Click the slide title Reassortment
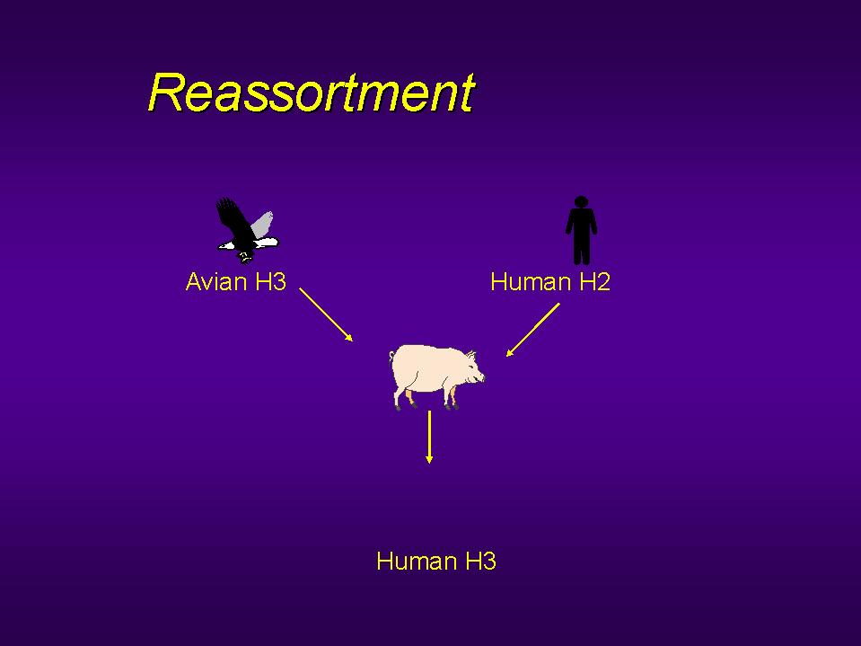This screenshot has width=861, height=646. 312,93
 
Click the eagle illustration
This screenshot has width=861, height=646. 248,231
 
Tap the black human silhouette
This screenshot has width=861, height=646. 581,230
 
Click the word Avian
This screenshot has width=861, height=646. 216,282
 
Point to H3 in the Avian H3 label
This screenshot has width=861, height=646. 271,282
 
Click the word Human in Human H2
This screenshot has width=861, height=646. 532,282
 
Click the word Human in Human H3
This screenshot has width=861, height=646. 417,562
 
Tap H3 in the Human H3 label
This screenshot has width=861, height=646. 481,562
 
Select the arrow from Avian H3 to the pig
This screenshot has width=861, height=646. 326,314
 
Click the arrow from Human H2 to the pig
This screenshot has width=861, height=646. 532,330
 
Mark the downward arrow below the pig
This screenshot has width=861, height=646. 429,438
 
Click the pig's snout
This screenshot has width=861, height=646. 481,377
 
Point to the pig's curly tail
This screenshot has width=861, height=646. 391,358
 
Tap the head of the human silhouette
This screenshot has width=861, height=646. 581,202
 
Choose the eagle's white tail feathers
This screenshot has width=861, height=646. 267,242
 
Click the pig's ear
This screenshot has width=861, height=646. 471,356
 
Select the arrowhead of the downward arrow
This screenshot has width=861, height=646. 429,459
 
